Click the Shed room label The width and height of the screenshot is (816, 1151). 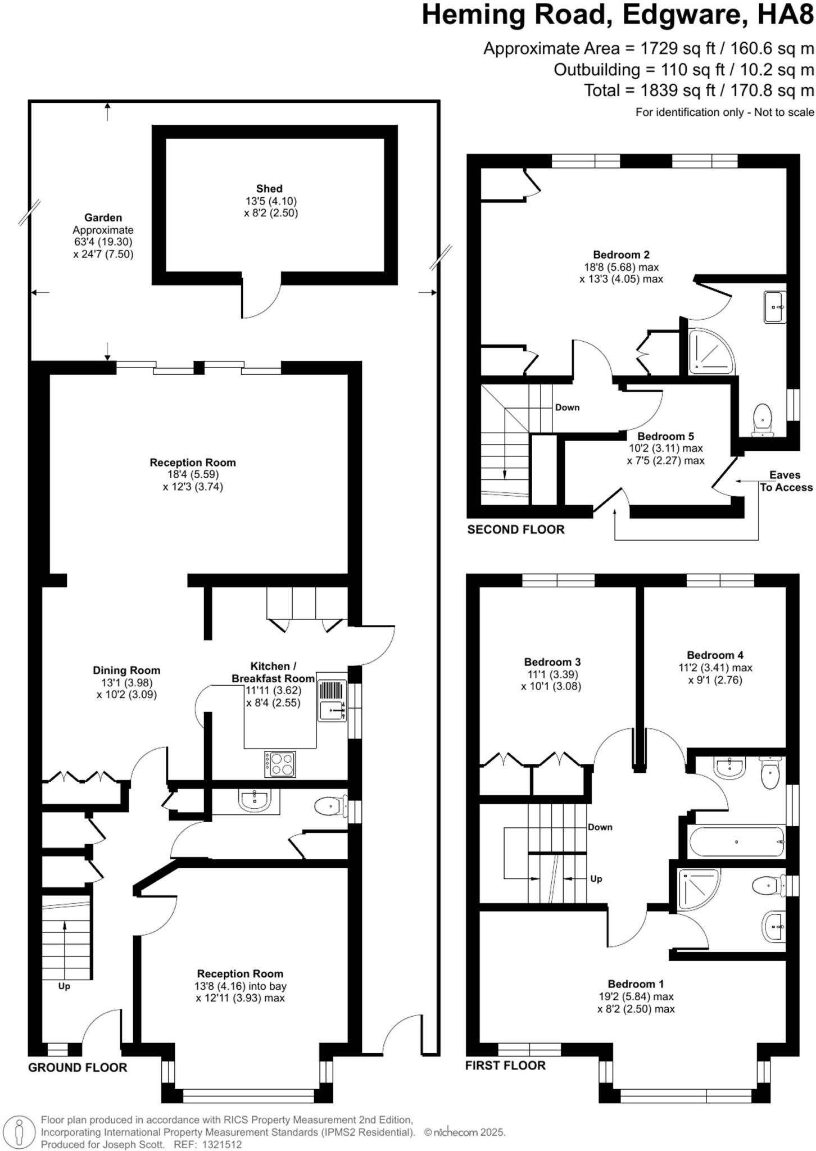[269, 189]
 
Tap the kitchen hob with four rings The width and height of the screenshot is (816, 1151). [280, 764]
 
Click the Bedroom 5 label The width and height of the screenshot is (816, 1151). [665, 436]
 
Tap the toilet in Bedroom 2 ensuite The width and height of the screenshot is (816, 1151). [763, 419]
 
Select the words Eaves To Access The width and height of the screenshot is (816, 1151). [786, 481]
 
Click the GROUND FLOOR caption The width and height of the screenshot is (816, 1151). [78, 1067]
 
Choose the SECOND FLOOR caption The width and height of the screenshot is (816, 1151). [516, 529]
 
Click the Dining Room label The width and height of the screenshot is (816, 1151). [126, 670]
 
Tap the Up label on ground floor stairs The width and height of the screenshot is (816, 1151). [64, 986]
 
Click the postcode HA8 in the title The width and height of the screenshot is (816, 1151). [786, 16]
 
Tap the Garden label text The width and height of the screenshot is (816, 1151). [103, 217]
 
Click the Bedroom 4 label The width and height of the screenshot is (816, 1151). [715, 655]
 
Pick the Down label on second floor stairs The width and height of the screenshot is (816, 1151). [567, 407]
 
